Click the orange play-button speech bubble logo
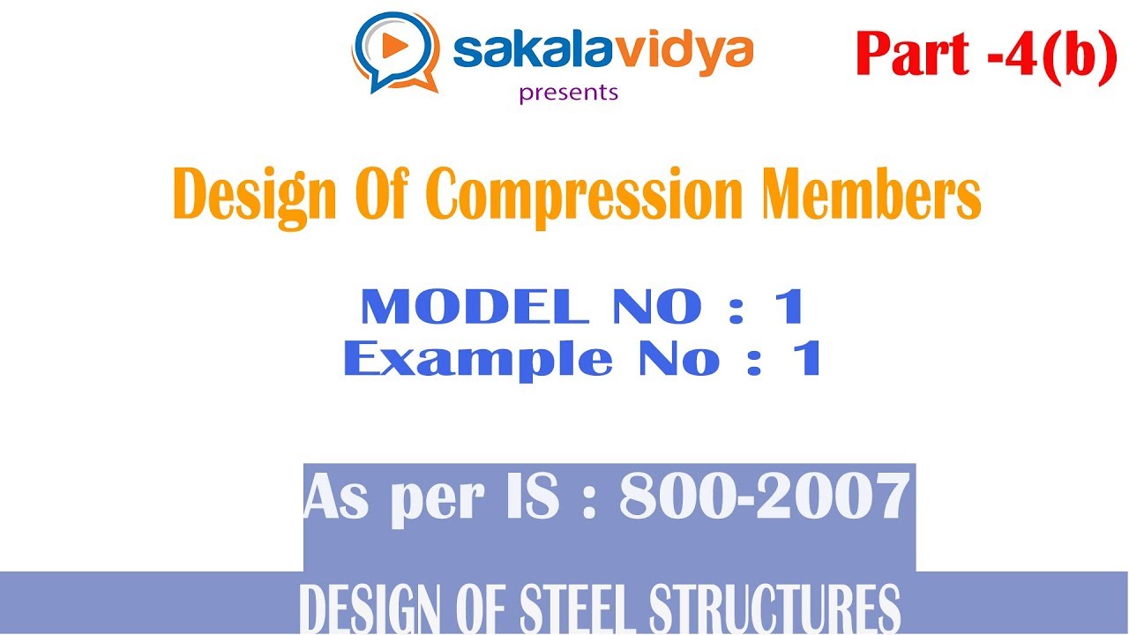point(396,50)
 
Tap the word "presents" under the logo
point(569,92)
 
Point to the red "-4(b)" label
point(1055,54)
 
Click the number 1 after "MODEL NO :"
point(789,307)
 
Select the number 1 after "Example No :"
point(807,359)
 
